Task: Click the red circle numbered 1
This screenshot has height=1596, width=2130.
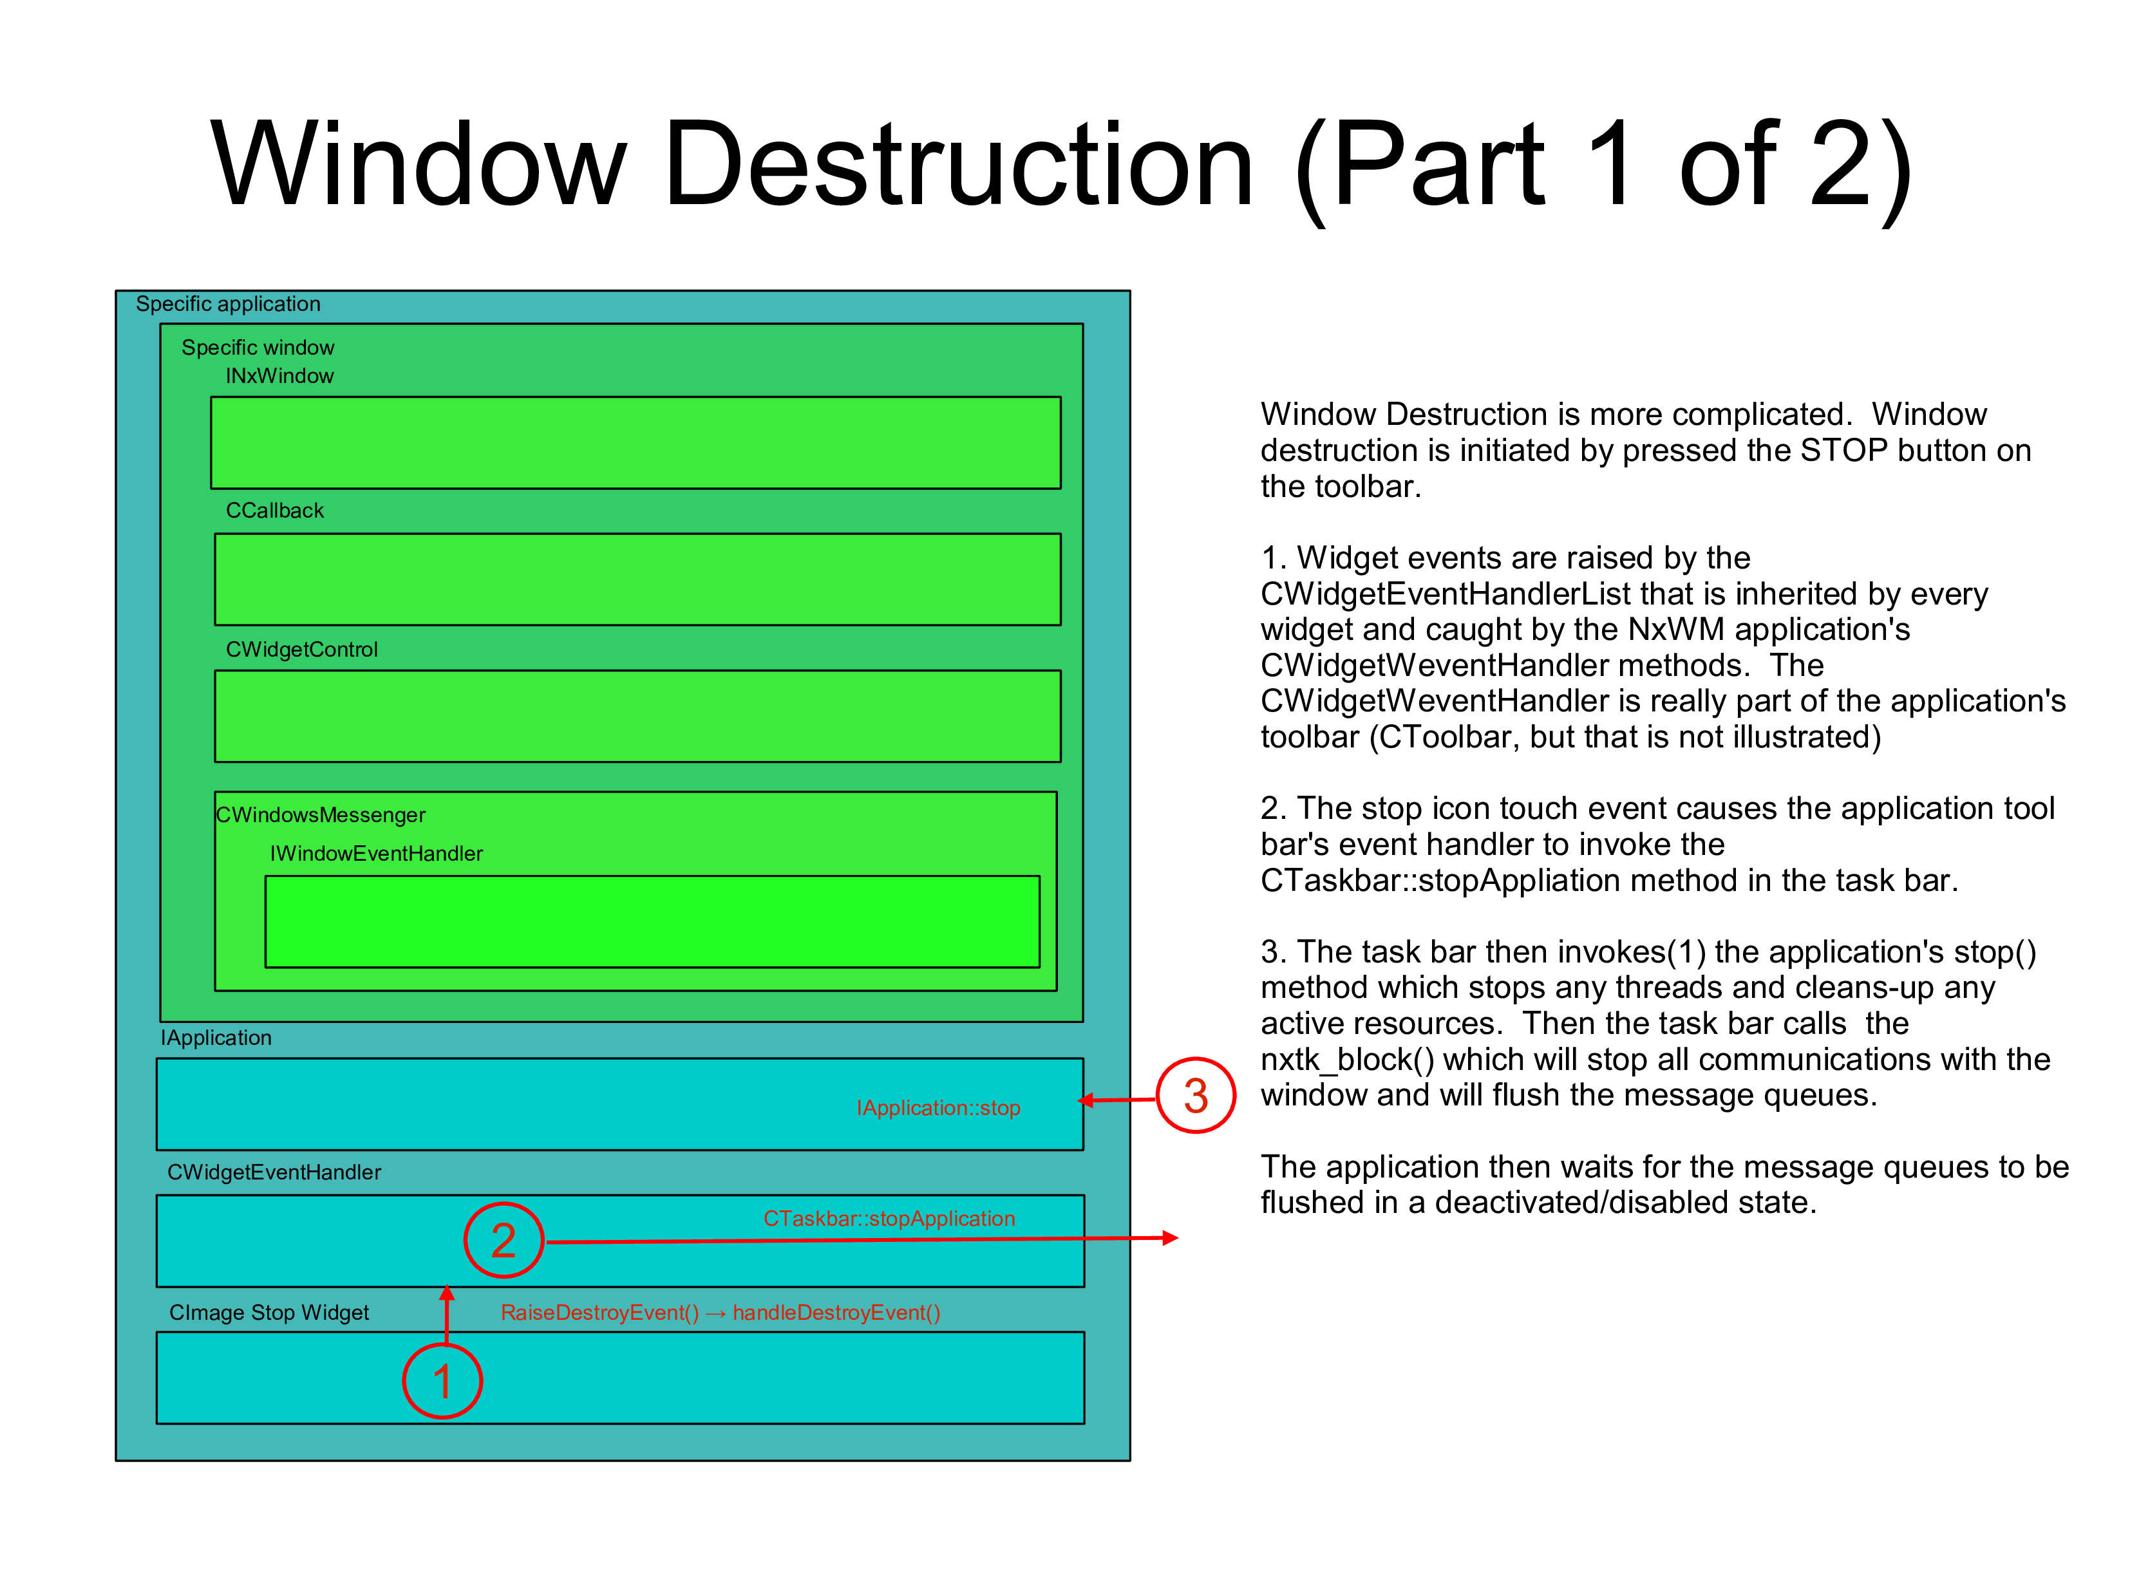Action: point(442,1382)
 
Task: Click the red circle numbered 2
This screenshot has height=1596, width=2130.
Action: point(504,1240)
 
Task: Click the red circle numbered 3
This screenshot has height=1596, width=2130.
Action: point(1195,1096)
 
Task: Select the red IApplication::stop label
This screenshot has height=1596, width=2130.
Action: point(938,1108)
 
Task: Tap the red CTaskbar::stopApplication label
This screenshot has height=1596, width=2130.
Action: point(889,1219)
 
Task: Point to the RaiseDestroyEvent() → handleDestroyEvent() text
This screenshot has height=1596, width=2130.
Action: point(721,1313)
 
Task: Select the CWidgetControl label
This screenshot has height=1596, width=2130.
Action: point(301,650)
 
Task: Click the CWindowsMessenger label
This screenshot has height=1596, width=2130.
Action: point(321,815)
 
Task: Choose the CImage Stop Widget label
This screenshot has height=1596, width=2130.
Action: point(269,1313)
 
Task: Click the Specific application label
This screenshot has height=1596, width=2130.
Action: point(228,304)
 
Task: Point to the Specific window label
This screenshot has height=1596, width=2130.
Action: point(258,348)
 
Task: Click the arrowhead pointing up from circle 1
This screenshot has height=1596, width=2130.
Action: point(447,1294)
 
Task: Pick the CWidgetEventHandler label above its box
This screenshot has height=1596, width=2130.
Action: point(274,1172)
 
